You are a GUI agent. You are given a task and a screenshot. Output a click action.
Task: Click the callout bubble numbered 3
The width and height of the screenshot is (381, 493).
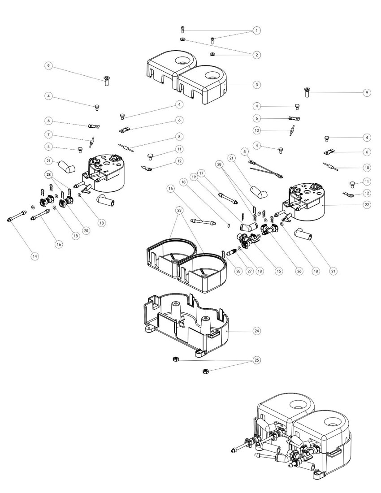point(256,84)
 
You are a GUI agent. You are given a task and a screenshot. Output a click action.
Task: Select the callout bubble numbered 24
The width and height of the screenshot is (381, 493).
point(256,331)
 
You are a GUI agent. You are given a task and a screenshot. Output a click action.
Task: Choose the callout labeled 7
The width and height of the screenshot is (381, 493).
point(48,134)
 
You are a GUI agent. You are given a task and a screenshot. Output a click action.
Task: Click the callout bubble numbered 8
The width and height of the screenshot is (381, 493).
point(179,136)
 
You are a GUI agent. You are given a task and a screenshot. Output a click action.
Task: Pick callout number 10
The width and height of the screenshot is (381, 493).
point(367,167)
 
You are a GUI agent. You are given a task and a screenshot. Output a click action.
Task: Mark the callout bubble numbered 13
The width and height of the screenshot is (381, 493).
point(256,130)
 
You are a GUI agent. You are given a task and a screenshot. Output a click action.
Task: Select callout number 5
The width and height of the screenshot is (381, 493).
point(245,151)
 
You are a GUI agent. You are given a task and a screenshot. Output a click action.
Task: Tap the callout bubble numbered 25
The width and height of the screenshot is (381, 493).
point(256,360)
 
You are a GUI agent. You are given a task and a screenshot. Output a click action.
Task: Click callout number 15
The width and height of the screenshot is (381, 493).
point(278,271)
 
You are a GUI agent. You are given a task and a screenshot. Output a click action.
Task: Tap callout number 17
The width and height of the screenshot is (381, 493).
point(201,173)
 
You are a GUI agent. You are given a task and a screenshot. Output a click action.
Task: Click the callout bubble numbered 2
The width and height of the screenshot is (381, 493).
point(256,55)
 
